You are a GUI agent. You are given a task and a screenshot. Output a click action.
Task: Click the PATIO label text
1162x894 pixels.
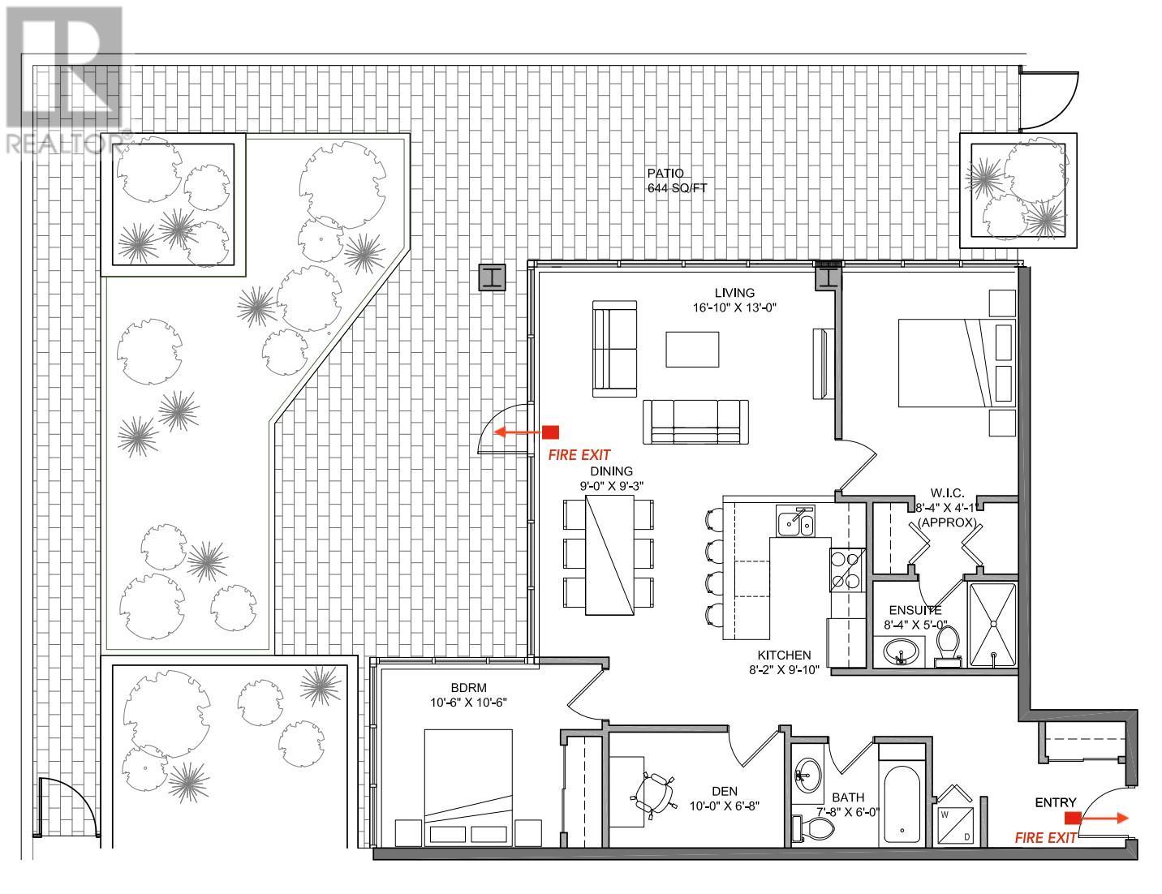[x=665, y=173]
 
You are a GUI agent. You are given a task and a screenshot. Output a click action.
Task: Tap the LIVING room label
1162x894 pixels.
[x=734, y=293]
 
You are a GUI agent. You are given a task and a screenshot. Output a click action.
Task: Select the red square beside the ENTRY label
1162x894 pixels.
[x=1072, y=818]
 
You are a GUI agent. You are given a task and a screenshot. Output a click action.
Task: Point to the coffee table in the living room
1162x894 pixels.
[x=692, y=350]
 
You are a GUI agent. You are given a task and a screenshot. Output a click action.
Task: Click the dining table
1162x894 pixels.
[x=609, y=554]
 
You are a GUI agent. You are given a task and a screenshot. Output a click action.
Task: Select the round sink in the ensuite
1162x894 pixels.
[x=900, y=651]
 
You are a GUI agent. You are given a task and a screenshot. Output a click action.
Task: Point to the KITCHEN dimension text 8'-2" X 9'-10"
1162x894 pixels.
[x=784, y=669]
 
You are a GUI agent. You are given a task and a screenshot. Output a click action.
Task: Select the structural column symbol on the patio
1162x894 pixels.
[x=493, y=277]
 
